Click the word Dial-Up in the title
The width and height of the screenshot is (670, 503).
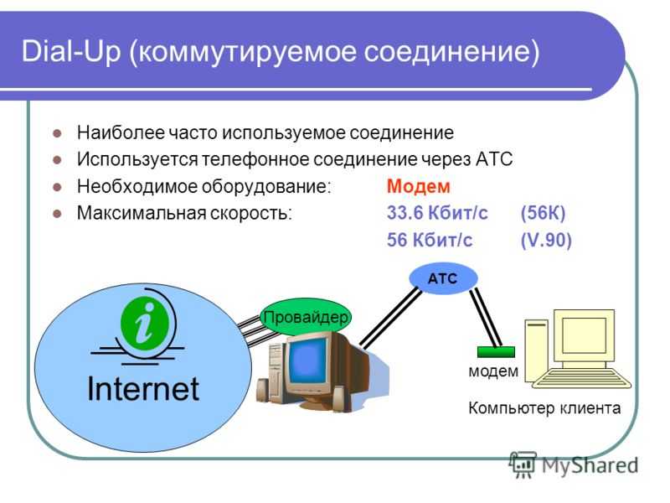71,51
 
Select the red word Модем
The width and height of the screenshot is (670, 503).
418,186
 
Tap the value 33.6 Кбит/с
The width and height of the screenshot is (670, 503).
437,213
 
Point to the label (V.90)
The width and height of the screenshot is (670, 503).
546,240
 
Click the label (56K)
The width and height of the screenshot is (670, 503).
543,213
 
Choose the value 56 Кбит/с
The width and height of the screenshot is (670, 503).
430,240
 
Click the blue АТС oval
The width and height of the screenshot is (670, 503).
443,278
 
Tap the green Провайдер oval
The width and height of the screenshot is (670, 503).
306,318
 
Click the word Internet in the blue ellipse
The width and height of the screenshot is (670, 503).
143,389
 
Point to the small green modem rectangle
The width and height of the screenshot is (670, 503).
496,352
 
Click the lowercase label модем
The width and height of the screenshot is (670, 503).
493,371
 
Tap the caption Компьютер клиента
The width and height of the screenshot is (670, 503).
544,408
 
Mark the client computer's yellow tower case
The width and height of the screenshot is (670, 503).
537,350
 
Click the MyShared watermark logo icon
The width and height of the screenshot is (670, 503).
522,464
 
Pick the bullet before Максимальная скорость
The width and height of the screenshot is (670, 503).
57,214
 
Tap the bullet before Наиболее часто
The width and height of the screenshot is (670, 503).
57,133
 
